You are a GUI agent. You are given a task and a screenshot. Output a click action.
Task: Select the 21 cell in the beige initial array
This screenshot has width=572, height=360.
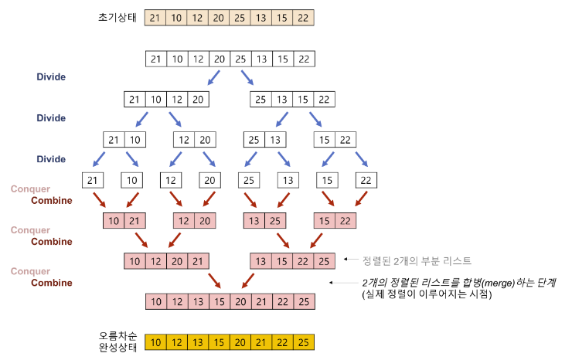tap(155, 18)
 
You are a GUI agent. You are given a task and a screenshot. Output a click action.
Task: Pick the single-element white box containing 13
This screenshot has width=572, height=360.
tap(287, 181)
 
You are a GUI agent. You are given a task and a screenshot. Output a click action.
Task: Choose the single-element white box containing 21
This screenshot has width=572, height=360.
tap(93, 181)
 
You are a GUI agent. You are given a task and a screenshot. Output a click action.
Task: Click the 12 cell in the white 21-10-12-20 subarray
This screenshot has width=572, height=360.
tap(177, 100)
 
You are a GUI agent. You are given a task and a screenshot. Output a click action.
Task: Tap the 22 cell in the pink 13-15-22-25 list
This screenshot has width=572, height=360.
tap(303, 262)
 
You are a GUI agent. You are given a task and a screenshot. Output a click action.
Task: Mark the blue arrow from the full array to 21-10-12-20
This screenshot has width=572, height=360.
tap(212, 78)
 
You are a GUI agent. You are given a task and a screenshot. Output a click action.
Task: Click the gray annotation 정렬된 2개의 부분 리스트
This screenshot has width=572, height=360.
tap(410, 261)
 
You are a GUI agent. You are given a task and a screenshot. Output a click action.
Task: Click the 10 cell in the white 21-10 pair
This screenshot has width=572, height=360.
tap(135, 140)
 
